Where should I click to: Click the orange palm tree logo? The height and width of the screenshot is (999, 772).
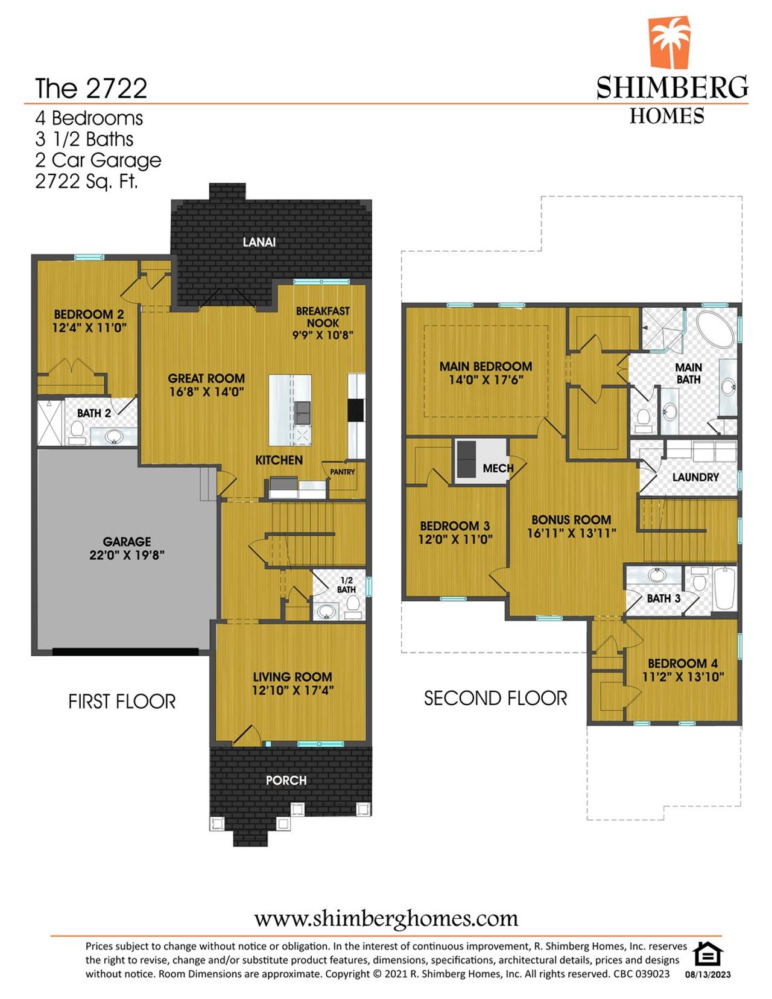(669, 42)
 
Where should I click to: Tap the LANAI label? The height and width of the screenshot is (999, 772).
(259, 242)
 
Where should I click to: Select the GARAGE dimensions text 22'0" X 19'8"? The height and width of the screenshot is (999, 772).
(127, 555)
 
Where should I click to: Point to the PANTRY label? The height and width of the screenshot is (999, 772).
(342, 472)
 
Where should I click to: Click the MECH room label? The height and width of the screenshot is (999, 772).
(498, 468)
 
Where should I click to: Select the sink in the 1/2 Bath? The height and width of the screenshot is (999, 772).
(326, 612)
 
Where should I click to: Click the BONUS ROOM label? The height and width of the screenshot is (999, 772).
(571, 519)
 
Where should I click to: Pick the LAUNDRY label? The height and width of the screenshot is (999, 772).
(695, 477)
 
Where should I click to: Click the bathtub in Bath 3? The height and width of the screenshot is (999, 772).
(724, 588)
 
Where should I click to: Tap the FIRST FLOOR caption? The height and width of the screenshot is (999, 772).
(122, 702)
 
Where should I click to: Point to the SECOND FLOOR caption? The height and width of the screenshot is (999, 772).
(495, 699)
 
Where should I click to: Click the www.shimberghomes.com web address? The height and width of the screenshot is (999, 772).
(386, 919)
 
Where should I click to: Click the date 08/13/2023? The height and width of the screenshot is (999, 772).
(707, 974)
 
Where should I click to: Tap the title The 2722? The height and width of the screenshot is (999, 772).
(91, 89)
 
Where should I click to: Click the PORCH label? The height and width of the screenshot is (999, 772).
(286, 781)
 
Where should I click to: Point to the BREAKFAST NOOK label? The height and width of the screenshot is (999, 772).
(323, 317)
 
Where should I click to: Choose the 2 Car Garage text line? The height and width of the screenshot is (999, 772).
(98, 160)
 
